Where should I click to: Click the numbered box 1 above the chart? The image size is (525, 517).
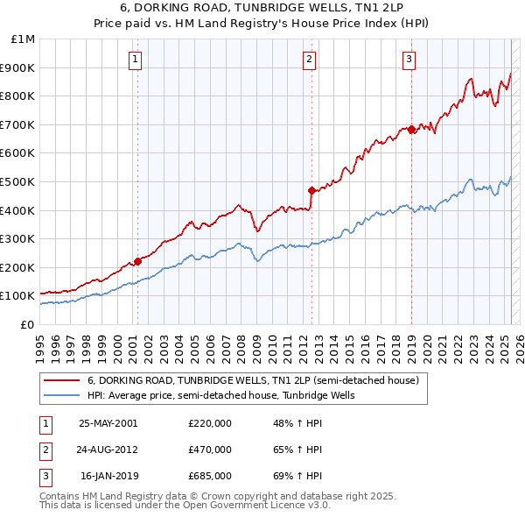point(136,60)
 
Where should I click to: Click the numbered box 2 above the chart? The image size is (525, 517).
point(310,60)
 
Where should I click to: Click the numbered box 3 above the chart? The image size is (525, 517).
point(409,60)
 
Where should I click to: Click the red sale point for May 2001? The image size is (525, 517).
point(137,261)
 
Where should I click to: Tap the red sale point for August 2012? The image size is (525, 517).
point(311,190)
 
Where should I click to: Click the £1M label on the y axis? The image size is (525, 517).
point(24,39)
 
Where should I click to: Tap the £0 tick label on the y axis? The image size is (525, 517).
point(28,324)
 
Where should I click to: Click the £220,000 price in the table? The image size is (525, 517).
point(210,422)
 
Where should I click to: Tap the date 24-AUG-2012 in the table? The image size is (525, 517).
point(108,450)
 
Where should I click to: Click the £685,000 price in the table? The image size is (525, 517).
point(210,476)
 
